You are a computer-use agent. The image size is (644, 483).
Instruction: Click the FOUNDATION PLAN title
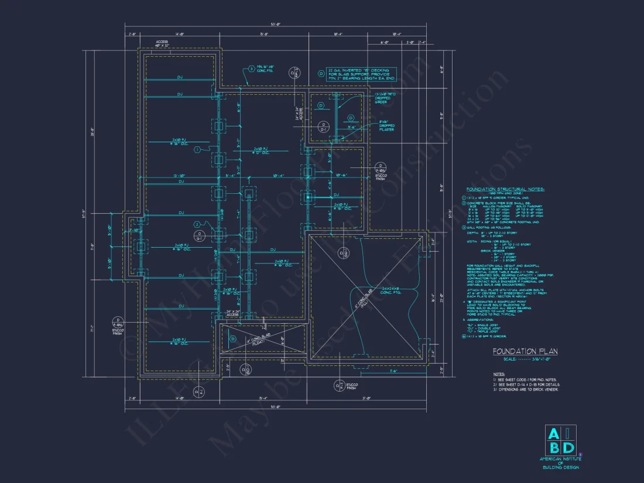point(516,351)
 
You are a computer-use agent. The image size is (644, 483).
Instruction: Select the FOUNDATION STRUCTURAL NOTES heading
point(505,190)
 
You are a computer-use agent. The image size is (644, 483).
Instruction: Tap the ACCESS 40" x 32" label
point(162,43)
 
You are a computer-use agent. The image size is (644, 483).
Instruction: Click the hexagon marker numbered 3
point(252,68)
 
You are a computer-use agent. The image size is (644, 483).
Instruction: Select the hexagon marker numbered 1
point(198,150)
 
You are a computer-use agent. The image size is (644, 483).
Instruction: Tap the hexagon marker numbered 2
point(198,224)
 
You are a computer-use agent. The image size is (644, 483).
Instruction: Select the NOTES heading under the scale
point(499,373)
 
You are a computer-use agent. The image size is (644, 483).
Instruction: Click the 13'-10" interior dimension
point(179,176)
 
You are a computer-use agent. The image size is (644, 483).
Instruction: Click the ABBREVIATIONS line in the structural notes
point(485,320)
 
